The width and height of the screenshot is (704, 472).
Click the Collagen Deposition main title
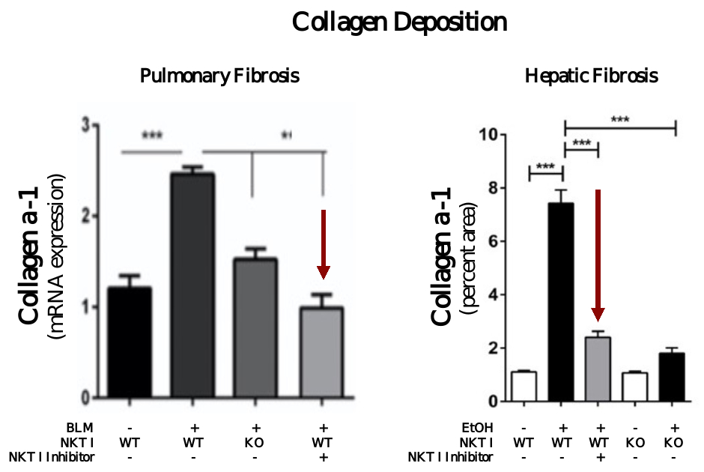[399, 22]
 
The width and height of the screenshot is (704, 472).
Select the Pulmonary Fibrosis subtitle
[219, 76]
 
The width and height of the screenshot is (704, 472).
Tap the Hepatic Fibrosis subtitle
[591, 76]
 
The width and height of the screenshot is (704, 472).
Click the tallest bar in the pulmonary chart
[192, 285]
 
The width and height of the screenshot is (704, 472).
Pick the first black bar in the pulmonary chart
[130, 342]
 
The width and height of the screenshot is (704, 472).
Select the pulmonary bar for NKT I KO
[255, 327]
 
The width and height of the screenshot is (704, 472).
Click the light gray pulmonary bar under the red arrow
[321, 351]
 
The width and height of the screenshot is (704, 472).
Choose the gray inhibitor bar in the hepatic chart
[598, 369]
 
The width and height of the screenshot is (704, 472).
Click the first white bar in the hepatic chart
[524, 386]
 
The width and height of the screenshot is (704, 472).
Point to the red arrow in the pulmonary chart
[323, 243]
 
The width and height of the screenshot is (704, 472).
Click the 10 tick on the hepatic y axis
[492, 135]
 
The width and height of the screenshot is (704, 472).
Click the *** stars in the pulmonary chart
[152, 136]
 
